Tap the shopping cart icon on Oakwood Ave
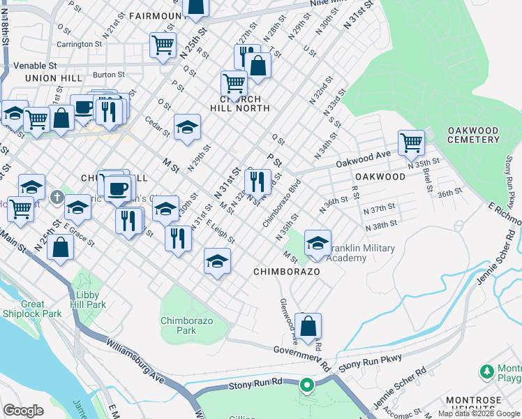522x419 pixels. pyautogui.click(x=412, y=143)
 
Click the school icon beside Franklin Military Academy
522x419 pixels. pyautogui.click(x=318, y=244)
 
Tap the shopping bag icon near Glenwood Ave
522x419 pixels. pyautogui.click(x=308, y=326)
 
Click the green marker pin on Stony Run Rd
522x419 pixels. pyautogui.click(x=306, y=385)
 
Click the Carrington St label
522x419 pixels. pyautogui.click(x=79, y=44)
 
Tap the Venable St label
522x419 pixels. pyautogui.click(x=33, y=66)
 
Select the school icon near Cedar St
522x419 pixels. pyautogui.click(x=187, y=128)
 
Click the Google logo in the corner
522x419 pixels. pyautogui.click(x=23, y=411)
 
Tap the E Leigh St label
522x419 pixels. pyautogui.click(x=220, y=230)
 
